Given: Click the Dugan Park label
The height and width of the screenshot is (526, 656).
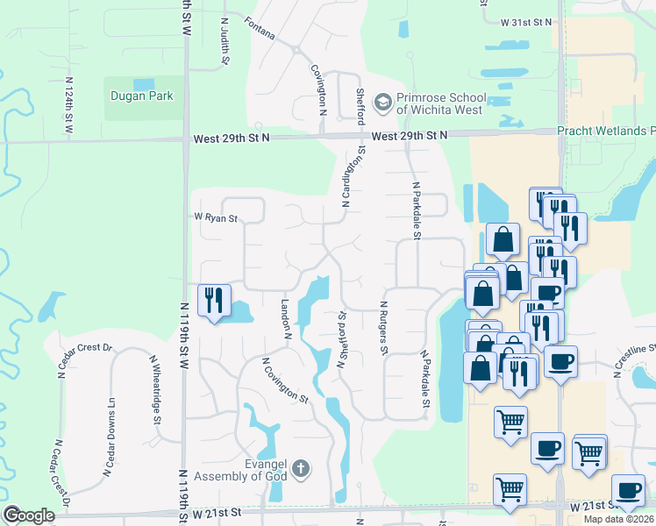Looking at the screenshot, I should tap(141, 96).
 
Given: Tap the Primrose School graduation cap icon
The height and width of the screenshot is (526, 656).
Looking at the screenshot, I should tap(382, 103).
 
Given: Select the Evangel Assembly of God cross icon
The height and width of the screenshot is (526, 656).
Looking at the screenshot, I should tap(301, 468).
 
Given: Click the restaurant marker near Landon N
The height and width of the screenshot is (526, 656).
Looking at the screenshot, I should tap(215, 301).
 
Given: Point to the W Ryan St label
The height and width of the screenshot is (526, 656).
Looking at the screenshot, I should tap(216, 218).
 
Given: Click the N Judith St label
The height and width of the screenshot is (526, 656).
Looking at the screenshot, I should tap(225, 41).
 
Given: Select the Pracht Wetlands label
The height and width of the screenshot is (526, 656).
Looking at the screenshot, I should tap(606, 131).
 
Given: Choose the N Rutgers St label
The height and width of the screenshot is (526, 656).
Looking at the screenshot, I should tap(383, 327).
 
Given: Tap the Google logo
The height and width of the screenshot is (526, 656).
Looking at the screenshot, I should tap(29, 515).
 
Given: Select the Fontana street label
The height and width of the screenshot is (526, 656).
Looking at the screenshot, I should tap(260, 31).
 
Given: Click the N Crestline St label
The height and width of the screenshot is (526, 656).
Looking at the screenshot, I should tap(636, 360).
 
